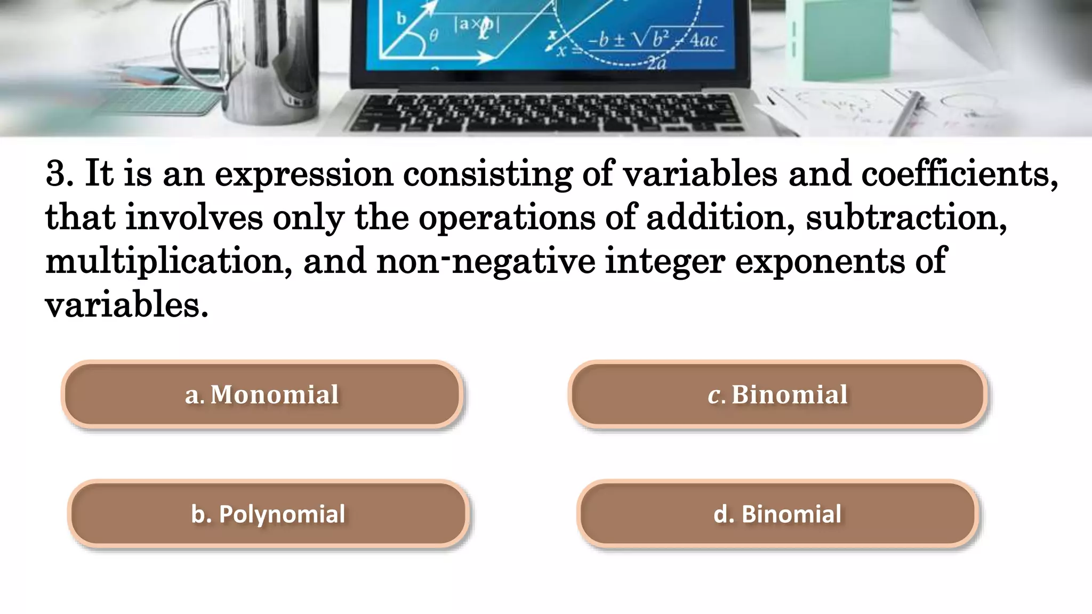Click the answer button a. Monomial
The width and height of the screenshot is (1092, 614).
(262, 394)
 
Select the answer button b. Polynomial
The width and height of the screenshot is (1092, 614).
(268, 514)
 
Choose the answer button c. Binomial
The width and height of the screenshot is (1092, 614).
(777, 394)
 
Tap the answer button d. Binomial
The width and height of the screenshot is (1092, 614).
(777, 514)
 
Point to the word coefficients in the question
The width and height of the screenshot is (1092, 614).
(959, 174)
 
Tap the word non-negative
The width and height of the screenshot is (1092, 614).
(485, 261)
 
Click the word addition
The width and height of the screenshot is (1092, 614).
(720, 217)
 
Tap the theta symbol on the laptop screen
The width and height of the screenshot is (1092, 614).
(433, 36)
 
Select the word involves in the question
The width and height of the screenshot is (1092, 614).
(194, 217)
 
